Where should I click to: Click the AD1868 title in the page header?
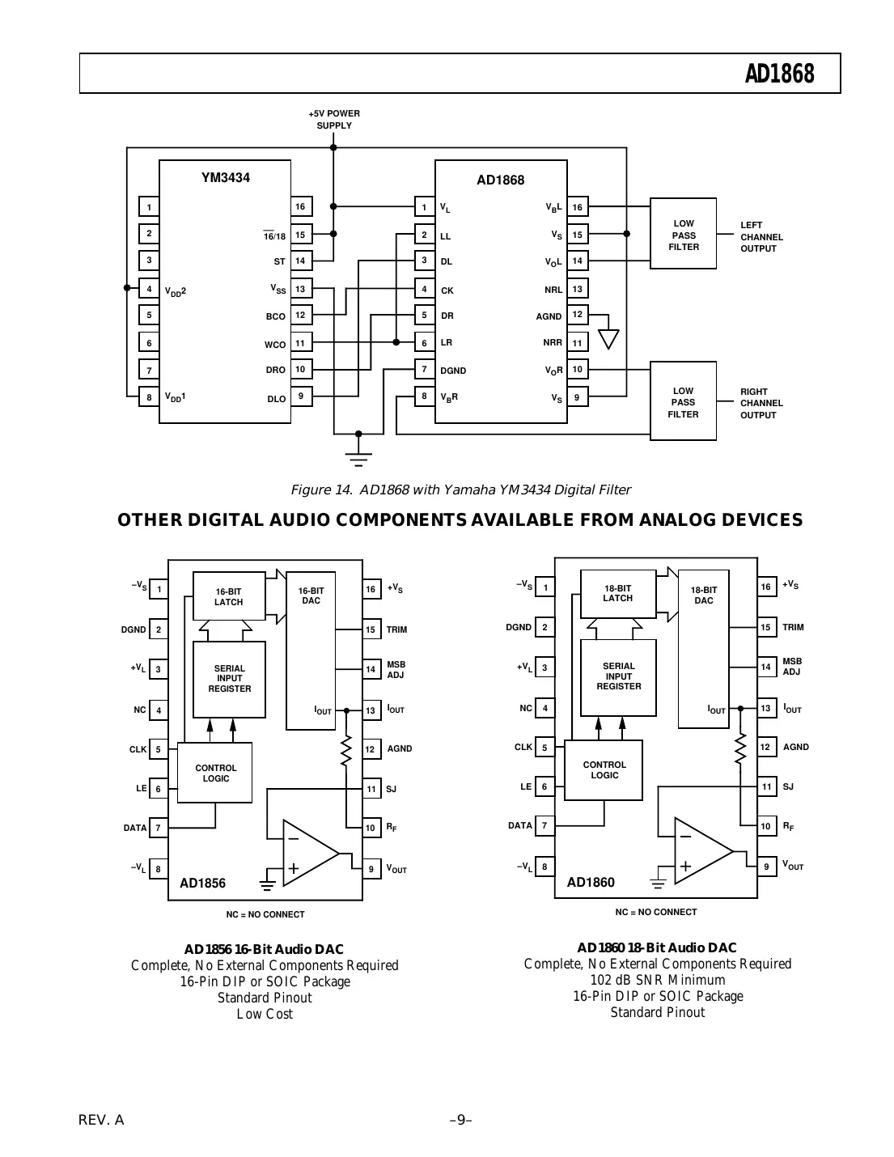tap(779, 74)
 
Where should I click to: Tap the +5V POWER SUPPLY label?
tap(334, 120)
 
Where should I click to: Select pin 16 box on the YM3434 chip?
tap(300, 207)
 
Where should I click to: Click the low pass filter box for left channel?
tap(683, 234)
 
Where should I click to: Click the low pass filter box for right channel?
tap(683, 402)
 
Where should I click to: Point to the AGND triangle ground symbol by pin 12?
tap(608, 338)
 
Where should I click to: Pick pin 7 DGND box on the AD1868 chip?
tap(425, 370)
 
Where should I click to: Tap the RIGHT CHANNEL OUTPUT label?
tap(761, 403)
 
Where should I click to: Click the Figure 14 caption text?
tap(460, 489)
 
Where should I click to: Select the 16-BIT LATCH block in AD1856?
tap(229, 596)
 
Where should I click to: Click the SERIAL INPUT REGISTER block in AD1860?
tap(618, 677)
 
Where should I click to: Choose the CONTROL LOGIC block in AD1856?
tap(215, 773)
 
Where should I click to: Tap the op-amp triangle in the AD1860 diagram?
tap(701, 850)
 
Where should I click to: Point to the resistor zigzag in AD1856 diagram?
tap(346, 750)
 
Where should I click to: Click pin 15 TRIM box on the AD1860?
tap(765, 627)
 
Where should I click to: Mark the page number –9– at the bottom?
tap(460, 1121)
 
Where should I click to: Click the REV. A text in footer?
tap(101, 1121)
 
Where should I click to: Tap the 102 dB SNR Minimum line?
tap(657, 980)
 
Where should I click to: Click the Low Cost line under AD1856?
tap(265, 1014)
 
